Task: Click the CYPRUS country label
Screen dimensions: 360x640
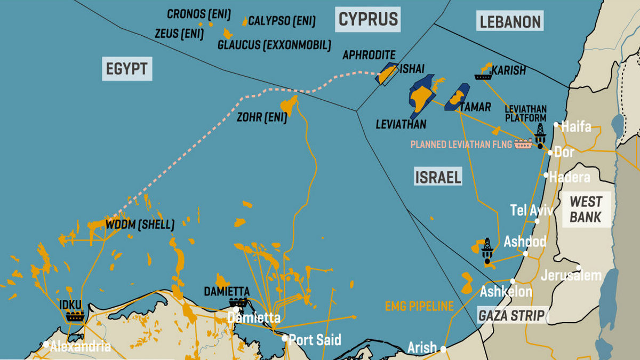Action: point(369,20)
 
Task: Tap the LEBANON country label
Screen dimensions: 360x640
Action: point(510,22)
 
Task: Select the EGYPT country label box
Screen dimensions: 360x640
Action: point(127,69)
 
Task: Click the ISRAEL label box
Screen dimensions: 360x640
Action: point(437,177)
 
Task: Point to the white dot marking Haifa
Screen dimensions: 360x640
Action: point(556,125)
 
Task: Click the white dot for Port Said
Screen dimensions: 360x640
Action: point(285,338)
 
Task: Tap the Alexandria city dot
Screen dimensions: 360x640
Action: point(47,344)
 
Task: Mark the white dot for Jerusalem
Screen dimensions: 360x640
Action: point(579,268)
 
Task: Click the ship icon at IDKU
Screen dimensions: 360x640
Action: point(75,316)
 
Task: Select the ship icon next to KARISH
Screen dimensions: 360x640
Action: point(483,76)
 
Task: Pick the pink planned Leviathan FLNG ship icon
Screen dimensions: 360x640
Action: point(523,144)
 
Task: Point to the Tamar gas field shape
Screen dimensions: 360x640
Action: point(457,98)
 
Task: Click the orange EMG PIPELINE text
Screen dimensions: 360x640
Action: point(419,306)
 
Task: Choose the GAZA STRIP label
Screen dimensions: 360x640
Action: point(511,315)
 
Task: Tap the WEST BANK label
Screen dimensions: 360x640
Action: point(586,209)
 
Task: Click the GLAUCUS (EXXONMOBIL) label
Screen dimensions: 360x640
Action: point(274,45)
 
